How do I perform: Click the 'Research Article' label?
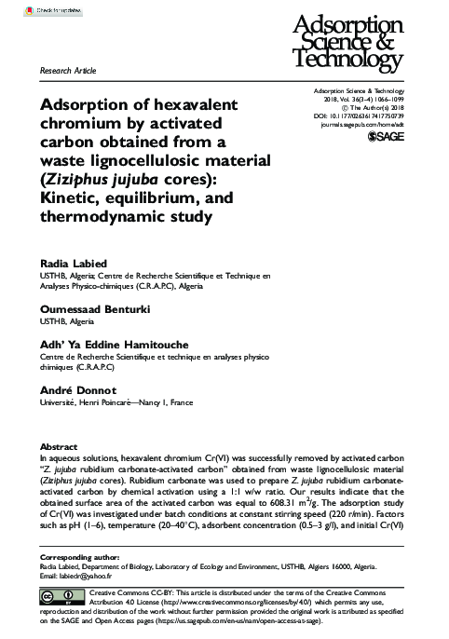coord(67,71)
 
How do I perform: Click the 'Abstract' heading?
coord(60,447)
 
